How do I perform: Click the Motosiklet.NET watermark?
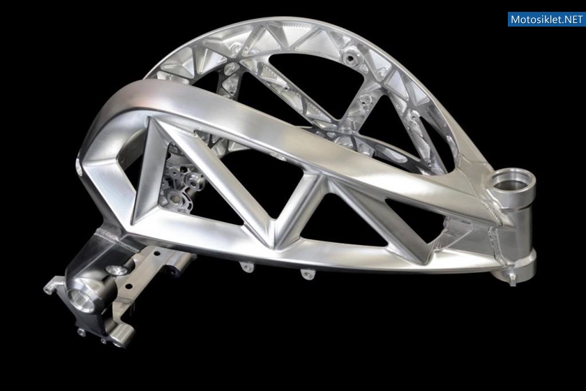coord(546,19)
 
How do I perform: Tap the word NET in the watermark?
coord(572,19)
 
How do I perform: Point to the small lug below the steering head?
coord(512,279)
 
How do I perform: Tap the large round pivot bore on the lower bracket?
coord(81,300)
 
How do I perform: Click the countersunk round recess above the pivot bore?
coord(114,270)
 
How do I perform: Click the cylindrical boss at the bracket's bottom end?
coord(121,335)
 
